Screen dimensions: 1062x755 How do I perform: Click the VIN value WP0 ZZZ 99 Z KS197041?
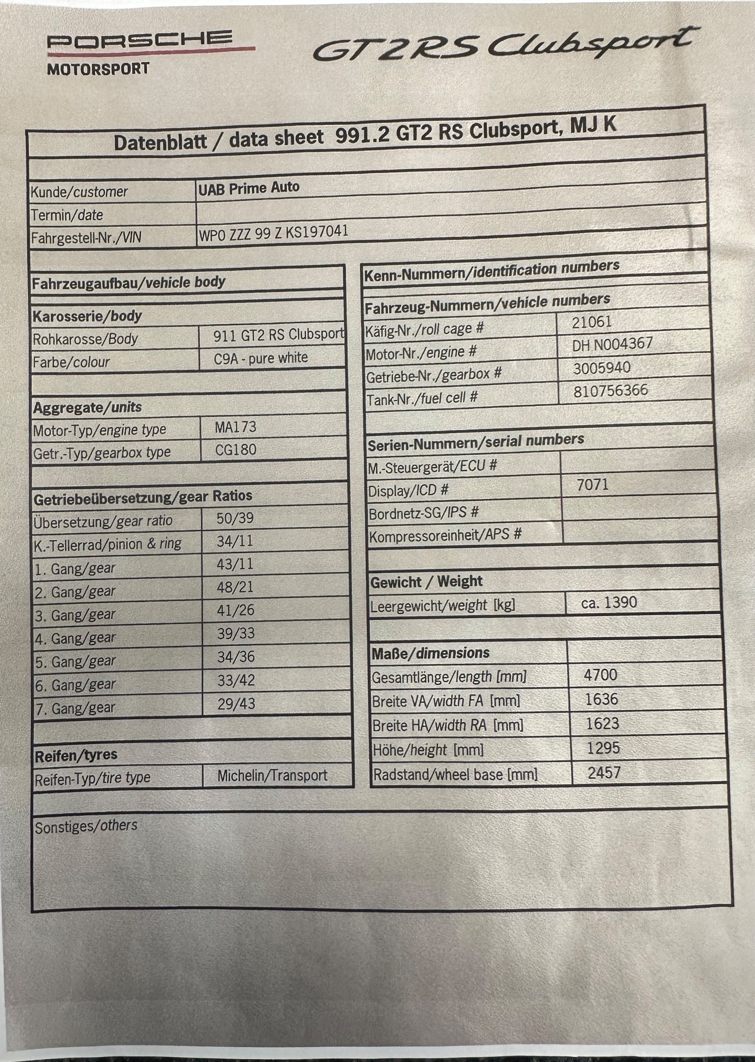pos(273,233)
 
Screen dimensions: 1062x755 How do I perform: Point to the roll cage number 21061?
pos(591,322)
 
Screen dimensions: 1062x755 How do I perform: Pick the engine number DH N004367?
pos(612,345)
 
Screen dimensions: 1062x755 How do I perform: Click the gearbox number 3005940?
pos(602,368)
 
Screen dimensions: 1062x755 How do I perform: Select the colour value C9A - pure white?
pos(260,358)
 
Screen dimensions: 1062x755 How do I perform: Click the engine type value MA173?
pos(235,427)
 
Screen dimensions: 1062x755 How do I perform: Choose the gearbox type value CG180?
pos(235,450)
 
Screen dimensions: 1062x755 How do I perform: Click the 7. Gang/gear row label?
pos(75,708)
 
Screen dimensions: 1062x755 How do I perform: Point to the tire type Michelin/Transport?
pos(272,775)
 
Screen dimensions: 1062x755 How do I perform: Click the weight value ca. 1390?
pos(609,602)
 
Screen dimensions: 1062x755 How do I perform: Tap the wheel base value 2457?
pos(604,773)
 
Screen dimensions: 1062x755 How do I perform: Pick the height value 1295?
pos(603,748)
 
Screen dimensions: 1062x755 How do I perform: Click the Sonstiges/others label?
pos(86,826)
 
